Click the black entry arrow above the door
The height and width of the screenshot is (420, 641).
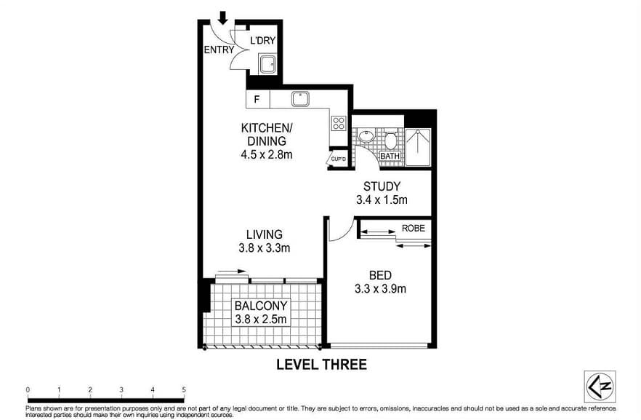click(x=223, y=17)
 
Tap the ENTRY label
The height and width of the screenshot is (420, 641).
click(x=219, y=50)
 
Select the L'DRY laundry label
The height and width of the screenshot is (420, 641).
click(x=262, y=41)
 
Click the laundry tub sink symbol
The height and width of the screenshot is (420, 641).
click(x=267, y=63)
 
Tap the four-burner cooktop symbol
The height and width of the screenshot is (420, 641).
click(x=338, y=123)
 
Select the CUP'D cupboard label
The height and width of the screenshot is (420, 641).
click(x=338, y=158)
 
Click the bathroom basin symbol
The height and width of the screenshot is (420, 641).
click(x=367, y=138)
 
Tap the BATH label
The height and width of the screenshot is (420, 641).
click(x=390, y=156)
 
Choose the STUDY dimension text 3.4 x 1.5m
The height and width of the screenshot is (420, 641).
click(x=382, y=199)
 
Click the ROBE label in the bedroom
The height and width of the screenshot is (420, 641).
click(x=414, y=228)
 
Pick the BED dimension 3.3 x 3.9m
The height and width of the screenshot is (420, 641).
click(x=381, y=288)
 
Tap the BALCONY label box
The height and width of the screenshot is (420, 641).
click(x=261, y=312)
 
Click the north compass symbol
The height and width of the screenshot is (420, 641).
click(x=600, y=387)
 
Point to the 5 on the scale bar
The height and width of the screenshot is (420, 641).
click(x=184, y=390)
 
